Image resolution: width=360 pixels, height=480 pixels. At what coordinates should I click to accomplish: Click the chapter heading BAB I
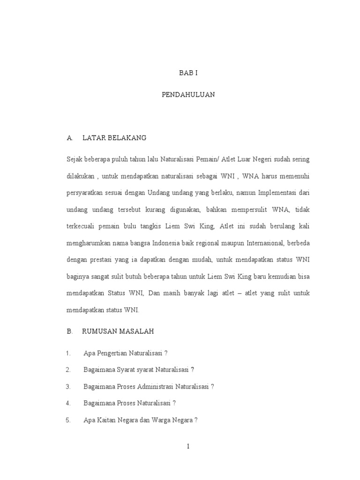coord(188,74)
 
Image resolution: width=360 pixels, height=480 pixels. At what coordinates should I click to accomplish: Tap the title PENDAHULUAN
coord(188,94)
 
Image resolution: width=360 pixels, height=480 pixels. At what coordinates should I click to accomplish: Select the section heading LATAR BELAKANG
coord(114,138)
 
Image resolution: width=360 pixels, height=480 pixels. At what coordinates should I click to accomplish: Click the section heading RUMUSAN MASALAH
coord(118,331)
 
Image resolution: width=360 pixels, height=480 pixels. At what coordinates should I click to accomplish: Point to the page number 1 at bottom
coord(188,446)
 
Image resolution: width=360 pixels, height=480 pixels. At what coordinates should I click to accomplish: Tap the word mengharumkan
coord(89,243)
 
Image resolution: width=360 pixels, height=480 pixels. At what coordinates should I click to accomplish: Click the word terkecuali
coord(82,226)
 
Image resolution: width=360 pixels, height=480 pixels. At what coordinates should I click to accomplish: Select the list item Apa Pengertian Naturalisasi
coord(125,353)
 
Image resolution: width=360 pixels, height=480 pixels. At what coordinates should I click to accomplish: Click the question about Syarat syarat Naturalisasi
coord(138,369)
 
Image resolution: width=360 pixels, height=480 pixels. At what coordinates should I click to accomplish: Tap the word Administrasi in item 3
coord(154,386)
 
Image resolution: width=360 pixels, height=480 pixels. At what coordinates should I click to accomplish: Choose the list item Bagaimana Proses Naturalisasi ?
coord(129,403)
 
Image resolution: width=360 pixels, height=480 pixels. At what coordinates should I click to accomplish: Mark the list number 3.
coord(68,386)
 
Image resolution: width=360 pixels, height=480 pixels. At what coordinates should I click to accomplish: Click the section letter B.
coord(69,331)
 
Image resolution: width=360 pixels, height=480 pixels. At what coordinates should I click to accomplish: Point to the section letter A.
coord(69,138)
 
